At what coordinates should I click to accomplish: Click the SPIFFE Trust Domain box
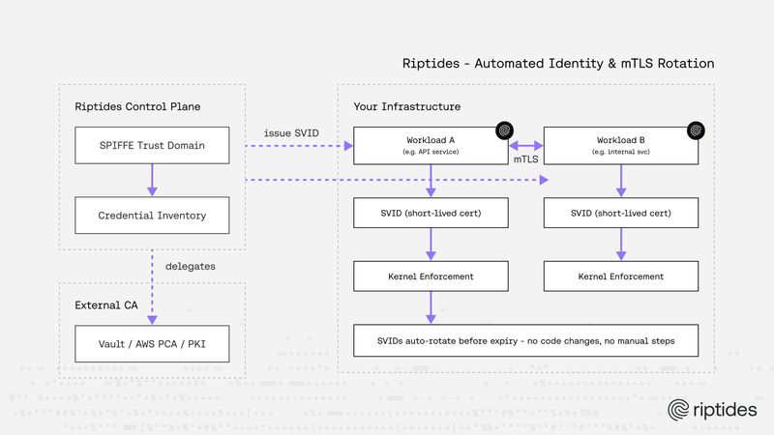point(153,146)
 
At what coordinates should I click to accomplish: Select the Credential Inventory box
point(153,215)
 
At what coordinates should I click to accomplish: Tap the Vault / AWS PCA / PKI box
point(153,344)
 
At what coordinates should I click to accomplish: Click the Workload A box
point(432,145)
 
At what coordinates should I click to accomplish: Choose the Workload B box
point(621,145)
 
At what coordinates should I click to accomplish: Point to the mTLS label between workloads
point(526,159)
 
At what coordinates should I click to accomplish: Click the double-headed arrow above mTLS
point(526,146)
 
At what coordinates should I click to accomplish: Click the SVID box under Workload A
point(432,213)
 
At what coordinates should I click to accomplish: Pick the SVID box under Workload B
point(621,213)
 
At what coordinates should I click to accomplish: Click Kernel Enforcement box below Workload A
point(432,276)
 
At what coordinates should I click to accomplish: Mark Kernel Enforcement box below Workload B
point(621,276)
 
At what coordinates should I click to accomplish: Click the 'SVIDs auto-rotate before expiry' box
point(526,342)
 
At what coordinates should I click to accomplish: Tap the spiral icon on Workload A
point(503,129)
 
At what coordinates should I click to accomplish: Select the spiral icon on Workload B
point(693,129)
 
